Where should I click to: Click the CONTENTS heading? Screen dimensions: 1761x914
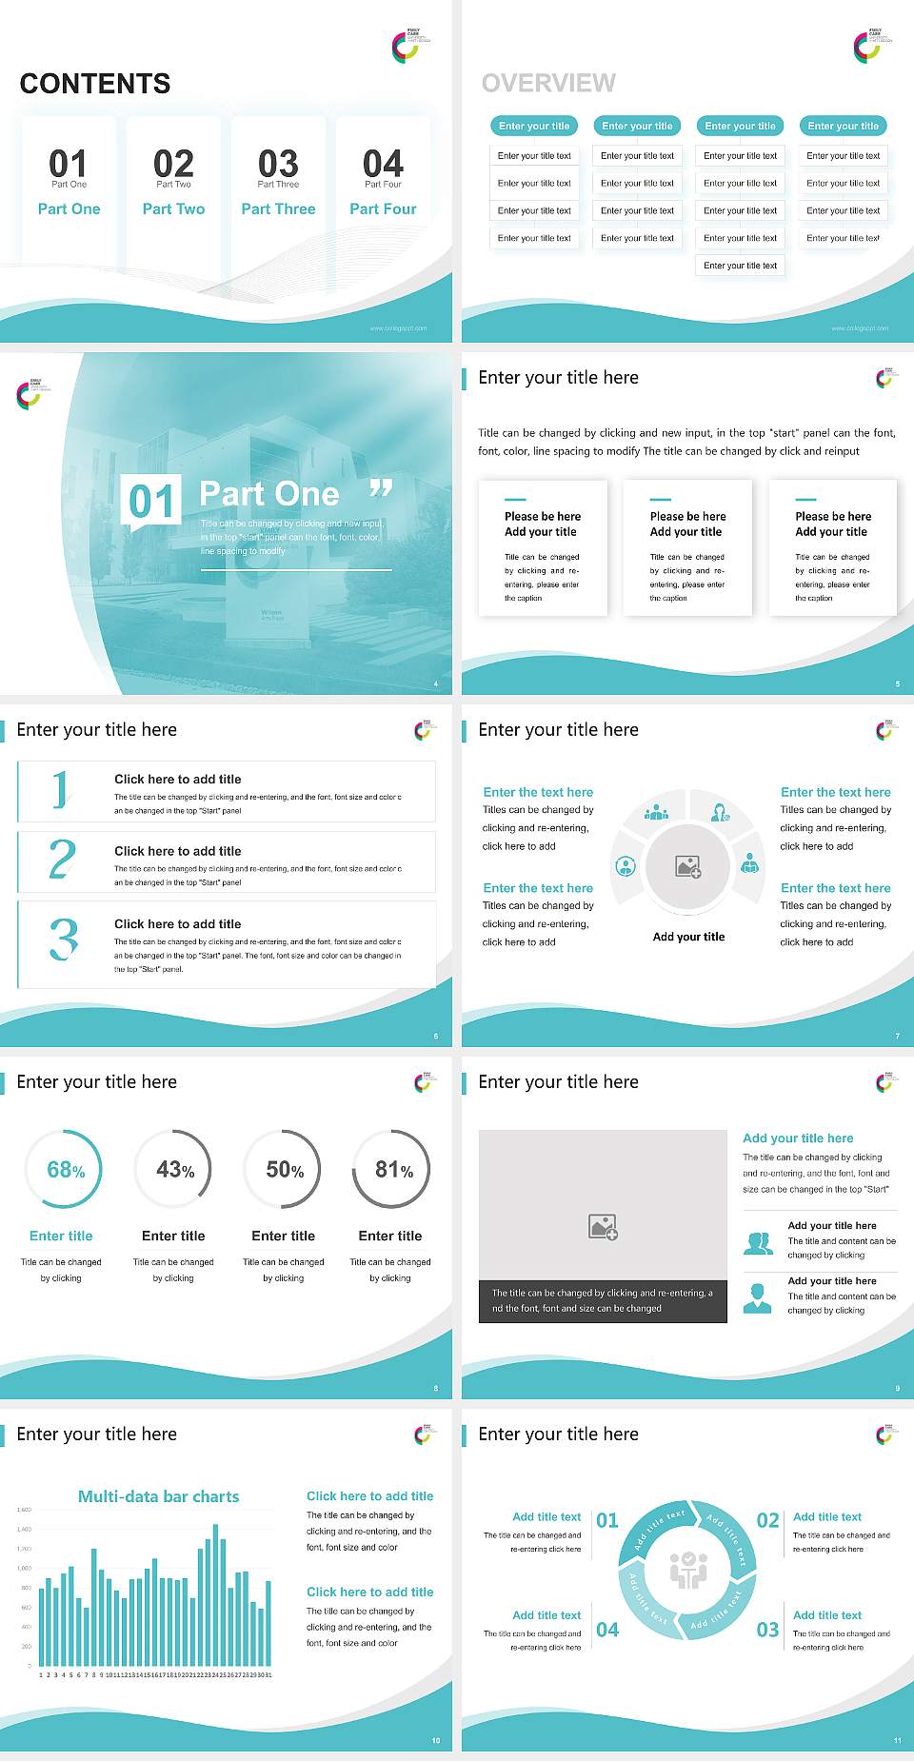[x=94, y=84]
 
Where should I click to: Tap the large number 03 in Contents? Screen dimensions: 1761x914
[x=278, y=163]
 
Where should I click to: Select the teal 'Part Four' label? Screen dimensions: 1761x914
[x=383, y=208]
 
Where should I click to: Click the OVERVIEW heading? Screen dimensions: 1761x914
[x=548, y=83]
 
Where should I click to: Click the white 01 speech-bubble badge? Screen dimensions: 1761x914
[x=151, y=501]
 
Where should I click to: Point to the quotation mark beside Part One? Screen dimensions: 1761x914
[x=381, y=489]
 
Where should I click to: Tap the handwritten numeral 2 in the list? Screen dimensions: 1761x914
[x=62, y=859]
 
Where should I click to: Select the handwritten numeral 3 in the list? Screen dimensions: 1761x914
[x=63, y=939]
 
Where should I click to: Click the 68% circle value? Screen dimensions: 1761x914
[x=66, y=1170]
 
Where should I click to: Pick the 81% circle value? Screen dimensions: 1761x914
[x=393, y=1170]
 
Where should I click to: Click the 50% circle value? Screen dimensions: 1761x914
[x=285, y=1170]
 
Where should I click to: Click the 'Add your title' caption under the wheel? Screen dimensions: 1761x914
[x=688, y=937]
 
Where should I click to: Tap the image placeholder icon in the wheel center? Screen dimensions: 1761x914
[x=688, y=866]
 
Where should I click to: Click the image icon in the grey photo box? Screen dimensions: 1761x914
[x=603, y=1227]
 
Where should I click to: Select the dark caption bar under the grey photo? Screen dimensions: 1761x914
[x=603, y=1301]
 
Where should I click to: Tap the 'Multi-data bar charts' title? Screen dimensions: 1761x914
[x=158, y=1496]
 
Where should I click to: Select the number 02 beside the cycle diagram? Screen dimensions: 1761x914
[x=767, y=1520]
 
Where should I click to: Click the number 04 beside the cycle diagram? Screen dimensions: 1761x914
[x=607, y=1630]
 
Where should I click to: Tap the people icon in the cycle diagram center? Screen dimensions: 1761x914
[x=688, y=1570]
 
